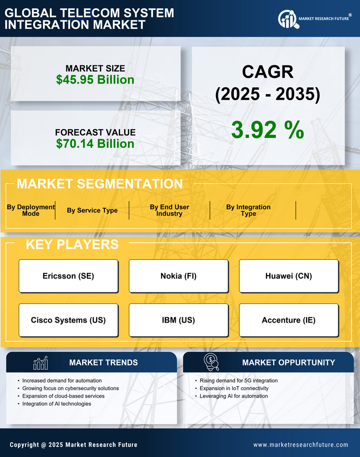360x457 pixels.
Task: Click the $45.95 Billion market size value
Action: [95, 80]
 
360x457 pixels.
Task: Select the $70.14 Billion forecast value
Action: [95, 144]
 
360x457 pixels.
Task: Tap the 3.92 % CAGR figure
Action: [267, 130]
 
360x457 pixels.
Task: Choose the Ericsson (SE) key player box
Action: [68, 276]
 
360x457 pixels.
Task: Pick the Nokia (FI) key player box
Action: [178, 276]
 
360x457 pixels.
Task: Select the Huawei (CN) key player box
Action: [289, 276]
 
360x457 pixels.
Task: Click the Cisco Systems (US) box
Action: [68, 320]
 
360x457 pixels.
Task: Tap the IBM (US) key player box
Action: [178, 320]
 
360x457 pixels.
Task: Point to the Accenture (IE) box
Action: [289, 320]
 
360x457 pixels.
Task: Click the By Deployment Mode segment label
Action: [31, 210]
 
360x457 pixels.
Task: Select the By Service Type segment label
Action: [92, 210]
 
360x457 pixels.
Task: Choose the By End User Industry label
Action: [169, 210]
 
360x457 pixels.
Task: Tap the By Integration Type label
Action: [249, 210]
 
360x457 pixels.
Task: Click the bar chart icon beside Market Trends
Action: [40, 363]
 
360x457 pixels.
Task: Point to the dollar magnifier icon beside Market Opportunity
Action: [211, 362]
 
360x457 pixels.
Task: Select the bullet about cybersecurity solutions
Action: [70, 388]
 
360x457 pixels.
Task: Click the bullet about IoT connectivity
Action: [234, 388]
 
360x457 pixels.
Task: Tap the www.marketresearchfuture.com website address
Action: [301, 445]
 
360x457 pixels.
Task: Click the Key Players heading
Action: [72, 244]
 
